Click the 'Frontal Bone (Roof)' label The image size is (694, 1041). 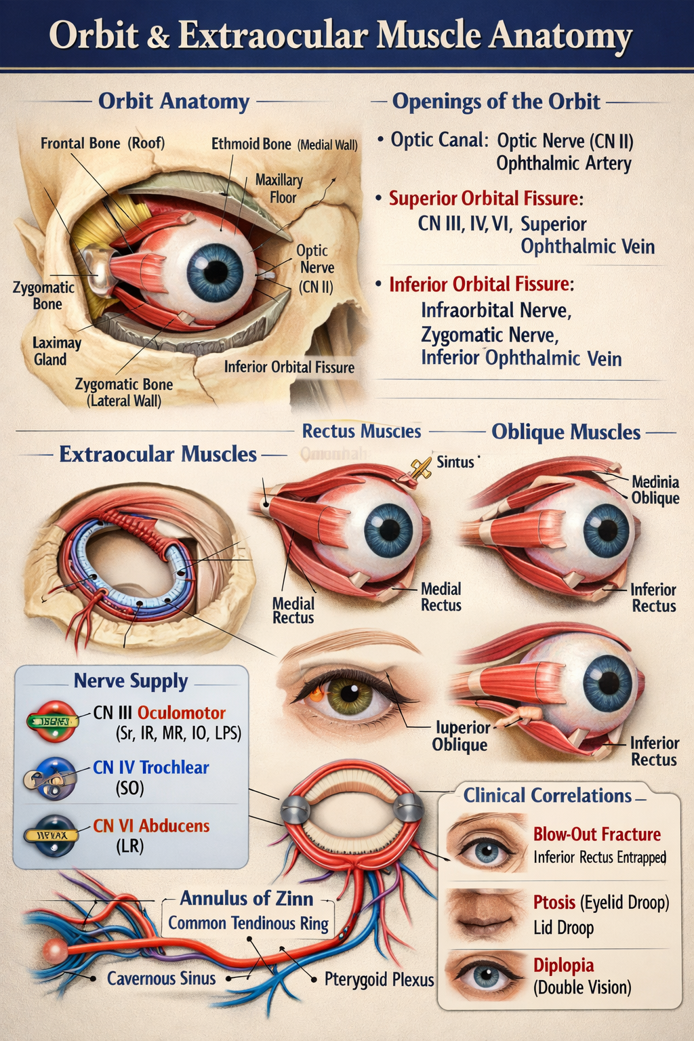point(102,144)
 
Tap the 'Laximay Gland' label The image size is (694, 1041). point(56,351)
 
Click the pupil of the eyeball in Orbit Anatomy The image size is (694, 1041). point(216,272)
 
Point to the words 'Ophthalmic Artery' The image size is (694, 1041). point(563,164)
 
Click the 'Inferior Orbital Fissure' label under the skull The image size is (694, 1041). point(289,367)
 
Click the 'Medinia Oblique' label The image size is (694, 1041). point(655,490)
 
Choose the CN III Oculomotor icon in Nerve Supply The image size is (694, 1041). point(52,721)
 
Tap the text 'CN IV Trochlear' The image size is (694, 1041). point(150,767)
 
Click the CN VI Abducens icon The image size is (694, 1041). point(51,835)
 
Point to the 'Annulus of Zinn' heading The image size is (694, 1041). point(246,899)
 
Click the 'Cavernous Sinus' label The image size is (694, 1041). point(161,979)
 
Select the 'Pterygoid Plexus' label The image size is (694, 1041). point(379,979)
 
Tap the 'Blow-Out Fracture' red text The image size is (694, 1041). point(596,834)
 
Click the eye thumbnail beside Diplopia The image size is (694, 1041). point(485,976)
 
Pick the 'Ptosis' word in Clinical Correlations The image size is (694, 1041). point(554,903)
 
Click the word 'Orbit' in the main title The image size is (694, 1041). point(94,35)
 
